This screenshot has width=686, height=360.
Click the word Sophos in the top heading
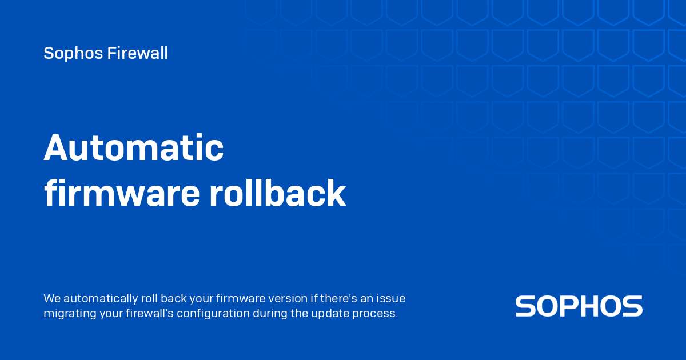[x=73, y=54]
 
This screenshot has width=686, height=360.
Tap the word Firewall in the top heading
[x=138, y=53]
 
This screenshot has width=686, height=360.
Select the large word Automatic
[x=134, y=147]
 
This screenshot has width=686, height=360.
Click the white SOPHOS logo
[x=579, y=306]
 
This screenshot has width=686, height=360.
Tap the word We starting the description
[x=52, y=298]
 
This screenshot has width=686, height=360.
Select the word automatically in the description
[x=101, y=299]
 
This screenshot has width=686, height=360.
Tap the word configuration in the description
[x=213, y=314]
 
